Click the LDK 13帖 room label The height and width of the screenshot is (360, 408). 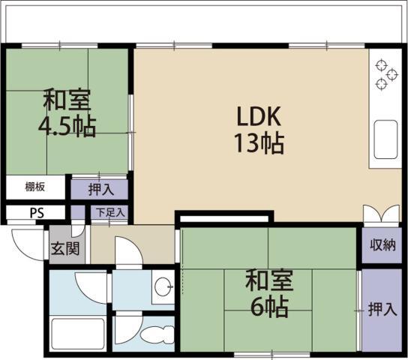coord(259,129)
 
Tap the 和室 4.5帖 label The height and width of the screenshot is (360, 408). coord(67,112)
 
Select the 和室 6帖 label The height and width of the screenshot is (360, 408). coord(269,293)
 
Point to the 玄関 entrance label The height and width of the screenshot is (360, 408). coord(65,249)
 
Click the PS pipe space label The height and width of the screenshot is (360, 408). coord(37,213)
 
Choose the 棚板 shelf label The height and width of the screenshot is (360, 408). coord(34,187)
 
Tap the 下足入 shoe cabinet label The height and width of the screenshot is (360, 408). coord(110,212)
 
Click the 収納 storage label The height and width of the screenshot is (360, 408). coord(382,244)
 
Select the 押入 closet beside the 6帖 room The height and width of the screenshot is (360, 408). coord(382,309)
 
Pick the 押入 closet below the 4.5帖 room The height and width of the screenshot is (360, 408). coord(101,189)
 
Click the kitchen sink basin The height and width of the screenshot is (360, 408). coord(385,139)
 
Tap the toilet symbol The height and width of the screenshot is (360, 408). coord(158,334)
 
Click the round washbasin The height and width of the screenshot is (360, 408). coord(163,287)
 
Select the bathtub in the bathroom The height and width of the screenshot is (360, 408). coord(77,334)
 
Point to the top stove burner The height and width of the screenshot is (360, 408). coord(382,65)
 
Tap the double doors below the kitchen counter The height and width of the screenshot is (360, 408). coord(382,214)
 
